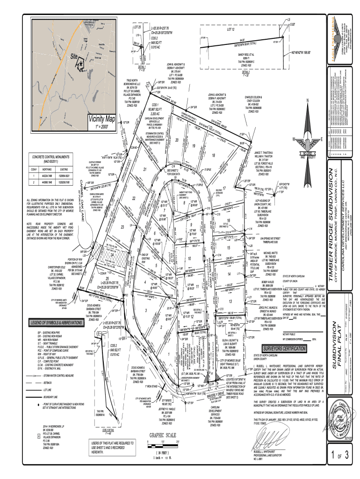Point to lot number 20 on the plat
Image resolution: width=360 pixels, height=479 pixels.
(x=177, y=140)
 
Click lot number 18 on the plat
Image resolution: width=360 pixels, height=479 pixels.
(x=213, y=155)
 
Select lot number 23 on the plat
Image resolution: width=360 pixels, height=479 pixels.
(x=122, y=226)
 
